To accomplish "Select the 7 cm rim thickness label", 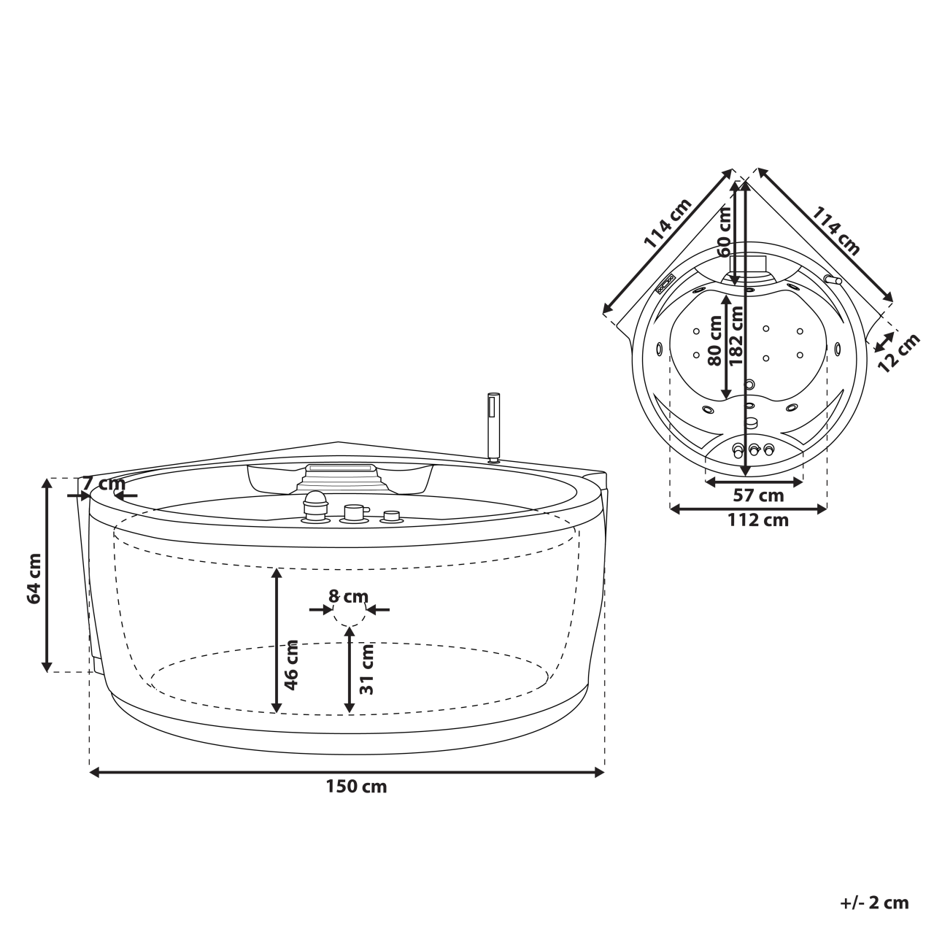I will click(x=102, y=483).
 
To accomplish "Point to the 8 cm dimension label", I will click(x=350, y=596).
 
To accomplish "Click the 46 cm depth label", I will click(x=291, y=665).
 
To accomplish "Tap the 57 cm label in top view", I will click(x=757, y=496).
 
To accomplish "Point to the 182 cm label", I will click(x=737, y=336).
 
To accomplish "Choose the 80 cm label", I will click(x=715, y=341).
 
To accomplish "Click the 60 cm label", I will click(x=724, y=231).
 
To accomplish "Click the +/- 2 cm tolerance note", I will click(x=874, y=903).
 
